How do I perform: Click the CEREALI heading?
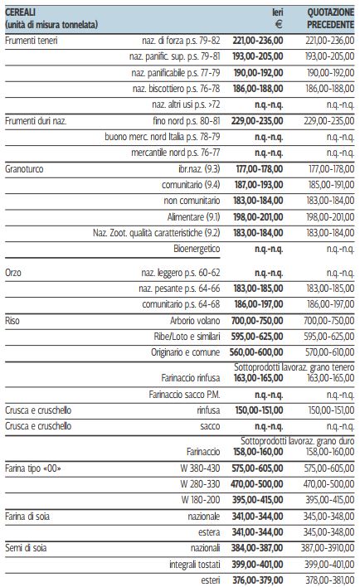click(x=20, y=12)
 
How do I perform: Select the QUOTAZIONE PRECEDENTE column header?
click(x=330, y=18)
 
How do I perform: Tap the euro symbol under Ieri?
click(x=279, y=25)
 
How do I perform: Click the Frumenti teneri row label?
click(x=31, y=41)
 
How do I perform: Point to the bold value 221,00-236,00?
click(x=258, y=41)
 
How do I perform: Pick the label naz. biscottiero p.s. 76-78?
click(x=176, y=89)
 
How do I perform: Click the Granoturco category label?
click(x=24, y=169)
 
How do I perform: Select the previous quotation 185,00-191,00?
click(x=331, y=185)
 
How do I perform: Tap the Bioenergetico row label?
click(x=197, y=249)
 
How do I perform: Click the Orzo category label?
click(x=13, y=273)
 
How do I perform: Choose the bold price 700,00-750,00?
click(x=257, y=321)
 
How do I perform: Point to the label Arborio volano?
click(x=195, y=321)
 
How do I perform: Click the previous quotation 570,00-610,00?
click(x=329, y=352)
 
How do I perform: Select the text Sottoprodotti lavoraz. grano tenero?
click(x=294, y=367)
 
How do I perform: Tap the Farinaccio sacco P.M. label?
click(x=184, y=395)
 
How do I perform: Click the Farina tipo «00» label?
click(x=33, y=468)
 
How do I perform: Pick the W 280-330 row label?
click(x=200, y=484)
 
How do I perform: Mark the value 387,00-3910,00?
click(x=328, y=548)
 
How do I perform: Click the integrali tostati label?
click(x=195, y=565)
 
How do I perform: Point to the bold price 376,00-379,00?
click(x=258, y=580)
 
